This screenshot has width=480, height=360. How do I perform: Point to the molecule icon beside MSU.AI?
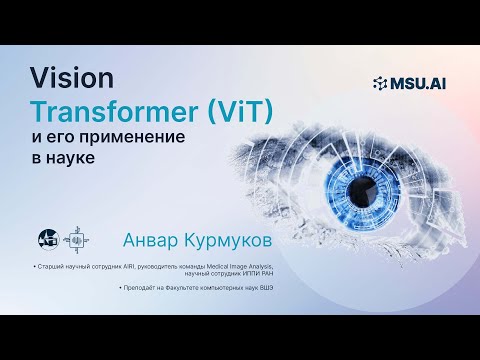[380, 83]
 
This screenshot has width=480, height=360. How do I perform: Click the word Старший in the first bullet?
[52, 267]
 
